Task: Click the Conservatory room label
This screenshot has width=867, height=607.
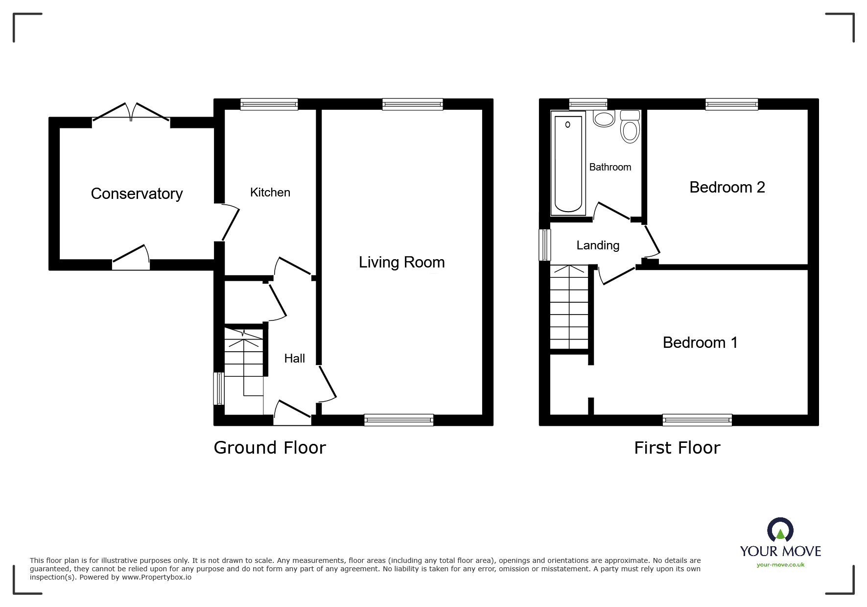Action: [x=137, y=194]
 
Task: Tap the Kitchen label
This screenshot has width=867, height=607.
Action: [x=270, y=193]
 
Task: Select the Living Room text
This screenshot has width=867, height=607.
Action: [x=401, y=262]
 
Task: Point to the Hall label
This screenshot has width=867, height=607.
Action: [x=294, y=359]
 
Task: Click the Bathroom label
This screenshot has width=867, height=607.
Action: [x=610, y=167]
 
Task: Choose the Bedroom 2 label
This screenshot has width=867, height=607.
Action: [x=726, y=187]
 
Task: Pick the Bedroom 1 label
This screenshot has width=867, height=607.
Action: [x=700, y=342]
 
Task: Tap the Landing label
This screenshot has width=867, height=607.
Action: [x=598, y=245]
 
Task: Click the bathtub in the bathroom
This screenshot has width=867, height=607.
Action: [x=568, y=163]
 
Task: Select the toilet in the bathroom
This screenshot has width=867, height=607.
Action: [x=630, y=127]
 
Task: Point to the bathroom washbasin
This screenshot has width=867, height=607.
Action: [x=604, y=119]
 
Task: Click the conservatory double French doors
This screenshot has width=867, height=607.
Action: [x=131, y=112]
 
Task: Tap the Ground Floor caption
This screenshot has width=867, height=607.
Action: [x=269, y=448]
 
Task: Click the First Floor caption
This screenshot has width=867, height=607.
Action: [x=677, y=448]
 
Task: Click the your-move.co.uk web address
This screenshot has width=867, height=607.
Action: [x=780, y=565]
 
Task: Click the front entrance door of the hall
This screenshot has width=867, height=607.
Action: [x=292, y=414]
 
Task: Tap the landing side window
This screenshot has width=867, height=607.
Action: [x=544, y=245]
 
